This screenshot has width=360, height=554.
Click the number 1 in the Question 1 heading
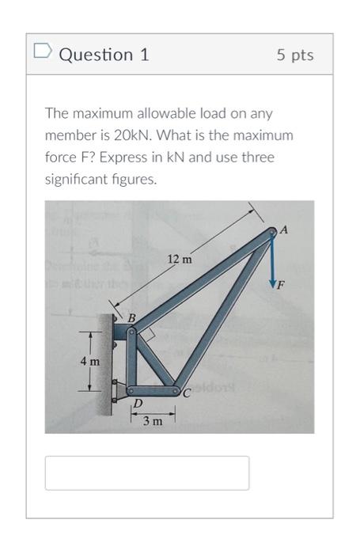coord(144,55)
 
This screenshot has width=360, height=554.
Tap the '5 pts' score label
coord(295,55)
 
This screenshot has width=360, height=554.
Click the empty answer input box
coord(147,472)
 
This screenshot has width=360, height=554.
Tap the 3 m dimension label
coord(152,421)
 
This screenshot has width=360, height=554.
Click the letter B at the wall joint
coord(132,317)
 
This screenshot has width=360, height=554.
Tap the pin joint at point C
coord(176,390)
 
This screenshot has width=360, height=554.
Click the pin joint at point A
coord(271,233)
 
